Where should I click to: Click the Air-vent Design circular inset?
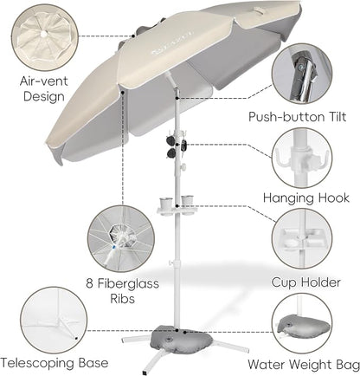point(45,37)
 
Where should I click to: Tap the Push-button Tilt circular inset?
point(302,74)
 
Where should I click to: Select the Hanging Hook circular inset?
point(302,159)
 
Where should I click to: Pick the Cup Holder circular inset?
point(302,238)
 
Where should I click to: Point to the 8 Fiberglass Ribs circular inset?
point(121,238)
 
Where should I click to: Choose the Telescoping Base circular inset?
point(54,320)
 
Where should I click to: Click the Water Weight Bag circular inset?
point(302,323)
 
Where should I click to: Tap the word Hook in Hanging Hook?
point(334,198)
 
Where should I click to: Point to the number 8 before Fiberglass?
point(90,283)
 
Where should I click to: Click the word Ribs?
point(123,299)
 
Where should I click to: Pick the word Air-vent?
point(44,81)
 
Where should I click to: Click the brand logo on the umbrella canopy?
point(172,42)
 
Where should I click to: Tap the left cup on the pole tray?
point(166,204)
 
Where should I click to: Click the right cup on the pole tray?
point(187,202)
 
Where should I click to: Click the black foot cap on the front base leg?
point(145,372)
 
